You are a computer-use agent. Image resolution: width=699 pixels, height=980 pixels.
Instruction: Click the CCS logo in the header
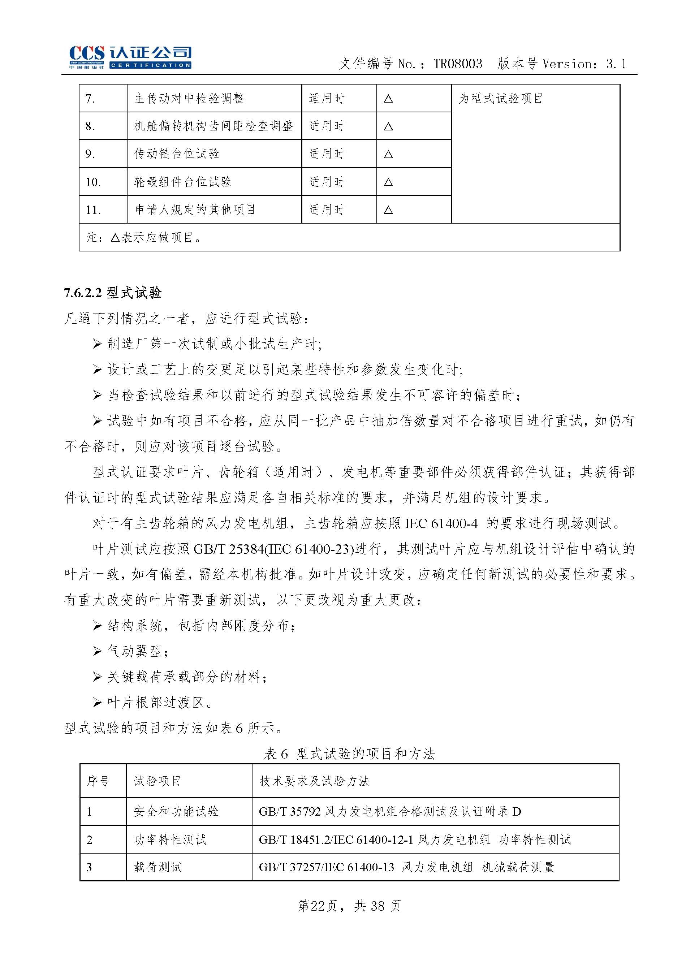(130, 57)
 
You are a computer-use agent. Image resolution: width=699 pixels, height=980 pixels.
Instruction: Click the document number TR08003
(458, 64)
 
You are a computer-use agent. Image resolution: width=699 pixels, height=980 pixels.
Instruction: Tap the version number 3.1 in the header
(616, 64)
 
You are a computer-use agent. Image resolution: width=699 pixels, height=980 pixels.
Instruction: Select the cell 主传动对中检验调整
(189, 99)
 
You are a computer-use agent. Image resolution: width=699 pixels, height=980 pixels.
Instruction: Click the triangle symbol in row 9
(388, 154)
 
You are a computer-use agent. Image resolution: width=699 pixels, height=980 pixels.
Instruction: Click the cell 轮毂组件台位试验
(183, 182)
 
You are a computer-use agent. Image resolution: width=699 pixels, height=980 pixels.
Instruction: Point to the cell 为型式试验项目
(501, 99)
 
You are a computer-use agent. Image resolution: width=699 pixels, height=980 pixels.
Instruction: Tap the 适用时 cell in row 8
(327, 126)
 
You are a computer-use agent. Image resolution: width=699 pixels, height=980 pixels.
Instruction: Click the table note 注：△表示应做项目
(144, 237)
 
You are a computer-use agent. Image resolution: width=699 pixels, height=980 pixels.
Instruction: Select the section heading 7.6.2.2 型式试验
(113, 293)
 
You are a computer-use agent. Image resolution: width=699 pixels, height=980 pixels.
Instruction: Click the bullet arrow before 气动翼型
(97, 651)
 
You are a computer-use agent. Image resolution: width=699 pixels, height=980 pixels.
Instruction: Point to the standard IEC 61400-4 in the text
(441, 523)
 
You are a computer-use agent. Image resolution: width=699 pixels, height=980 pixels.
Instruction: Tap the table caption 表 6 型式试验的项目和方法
(350, 754)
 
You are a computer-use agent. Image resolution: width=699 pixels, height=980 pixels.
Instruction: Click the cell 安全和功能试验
(176, 812)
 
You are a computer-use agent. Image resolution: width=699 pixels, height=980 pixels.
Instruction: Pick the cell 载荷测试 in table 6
(158, 867)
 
